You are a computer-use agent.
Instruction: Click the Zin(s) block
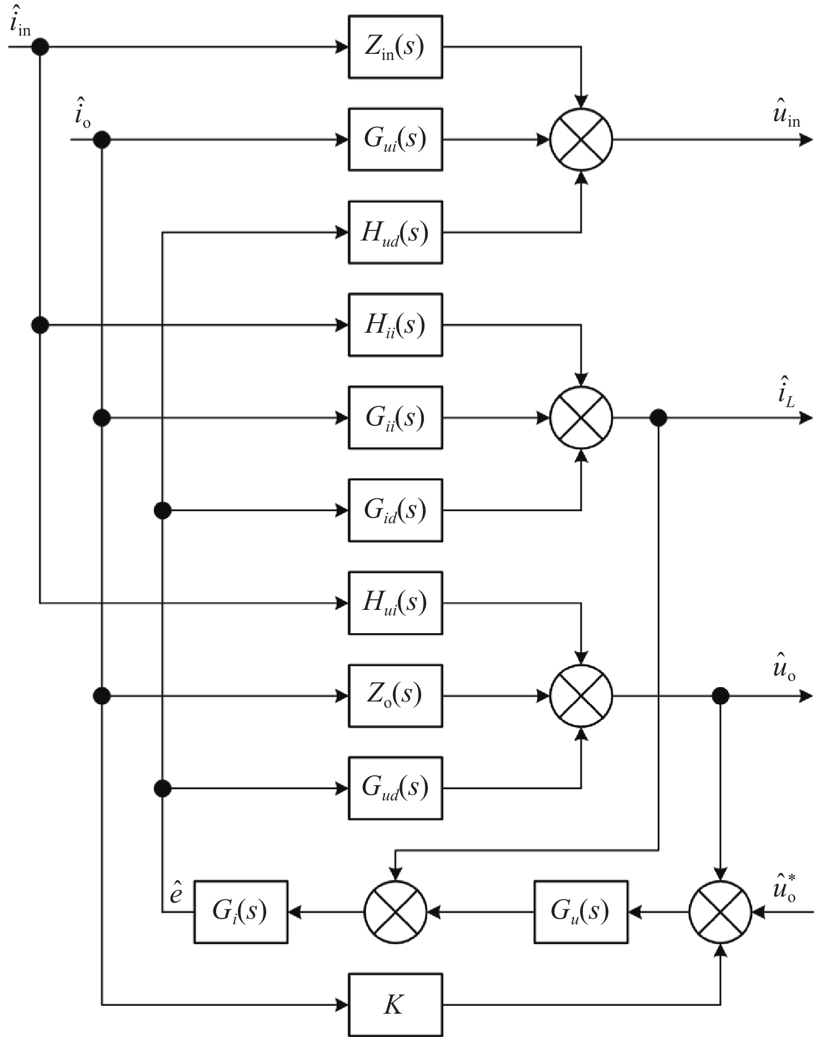tap(395, 47)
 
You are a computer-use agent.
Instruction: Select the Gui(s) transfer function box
tap(395, 139)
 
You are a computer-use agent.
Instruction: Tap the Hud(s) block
tap(395, 232)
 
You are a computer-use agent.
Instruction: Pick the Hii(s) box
tap(395, 325)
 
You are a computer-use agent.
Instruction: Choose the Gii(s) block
tap(395, 418)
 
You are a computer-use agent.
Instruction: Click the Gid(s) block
tap(395, 510)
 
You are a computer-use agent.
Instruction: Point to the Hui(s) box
tap(395, 603)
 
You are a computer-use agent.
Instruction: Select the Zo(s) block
tap(395, 695)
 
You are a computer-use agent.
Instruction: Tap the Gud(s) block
tap(395, 788)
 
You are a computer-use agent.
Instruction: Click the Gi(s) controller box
tap(241, 911)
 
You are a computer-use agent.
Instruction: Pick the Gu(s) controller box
tap(581, 911)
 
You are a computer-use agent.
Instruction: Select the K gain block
tap(395, 1004)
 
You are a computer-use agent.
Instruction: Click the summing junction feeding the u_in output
tap(581, 139)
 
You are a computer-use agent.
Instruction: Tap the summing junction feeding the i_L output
tap(581, 418)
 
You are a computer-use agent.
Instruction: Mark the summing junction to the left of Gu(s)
tap(395, 911)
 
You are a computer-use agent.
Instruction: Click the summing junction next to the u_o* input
tap(720, 911)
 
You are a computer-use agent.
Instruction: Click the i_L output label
tap(786, 391)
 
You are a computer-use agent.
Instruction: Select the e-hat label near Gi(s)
tap(176, 892)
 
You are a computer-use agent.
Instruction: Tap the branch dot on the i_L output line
tap(658, 418)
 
